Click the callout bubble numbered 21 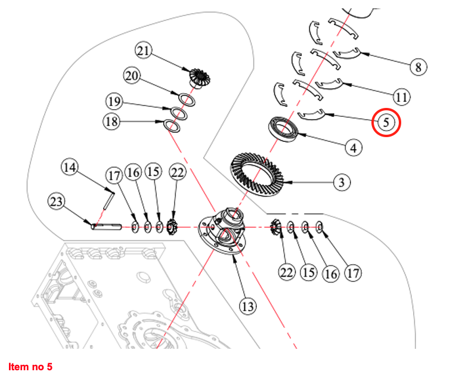144,50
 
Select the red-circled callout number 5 386,123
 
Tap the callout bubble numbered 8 418,67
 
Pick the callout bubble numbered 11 401,96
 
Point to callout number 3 341,182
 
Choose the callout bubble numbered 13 248,306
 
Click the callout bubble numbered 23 57,202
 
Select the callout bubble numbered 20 132,76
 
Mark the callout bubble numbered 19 115,101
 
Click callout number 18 111,122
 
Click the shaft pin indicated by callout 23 106,226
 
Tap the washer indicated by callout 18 172,125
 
